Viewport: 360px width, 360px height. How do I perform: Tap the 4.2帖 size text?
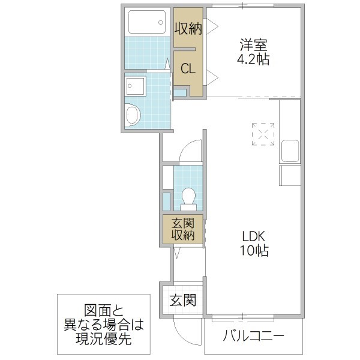[254, 59]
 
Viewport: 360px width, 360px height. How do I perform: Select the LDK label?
[254, 235]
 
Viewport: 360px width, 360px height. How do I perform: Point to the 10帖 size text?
[254, 250]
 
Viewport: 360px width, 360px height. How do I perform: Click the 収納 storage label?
[188, 28]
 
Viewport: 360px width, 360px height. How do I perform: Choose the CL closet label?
[188, 69]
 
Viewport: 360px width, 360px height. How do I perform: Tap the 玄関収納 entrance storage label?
[182, 228]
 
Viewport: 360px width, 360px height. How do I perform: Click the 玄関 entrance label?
[183, 300]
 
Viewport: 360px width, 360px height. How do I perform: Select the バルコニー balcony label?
[254, 335]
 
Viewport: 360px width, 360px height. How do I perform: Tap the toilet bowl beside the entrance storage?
[188, 197]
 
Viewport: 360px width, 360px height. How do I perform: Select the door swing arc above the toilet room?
[190, 151]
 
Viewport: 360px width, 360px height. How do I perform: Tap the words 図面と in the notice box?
[104, 311]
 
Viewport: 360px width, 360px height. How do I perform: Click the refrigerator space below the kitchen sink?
[289, 176]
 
